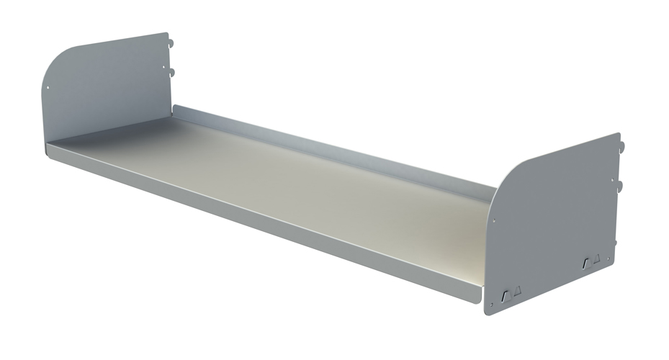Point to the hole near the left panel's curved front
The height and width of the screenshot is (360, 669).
(48, 89)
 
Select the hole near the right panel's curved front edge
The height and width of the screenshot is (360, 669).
(493, 221)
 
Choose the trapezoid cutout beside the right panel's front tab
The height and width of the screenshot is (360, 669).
(517, 290)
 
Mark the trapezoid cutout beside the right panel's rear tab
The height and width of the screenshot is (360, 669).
(597, 257)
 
